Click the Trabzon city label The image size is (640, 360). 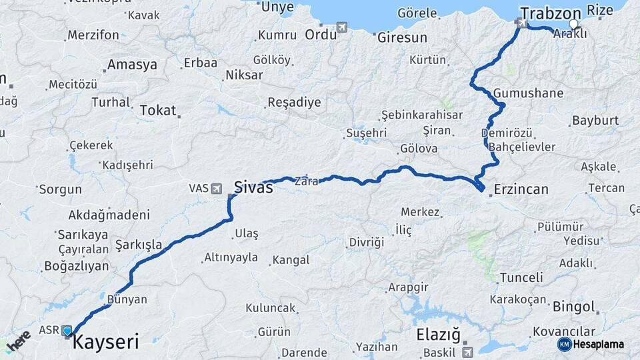[550, 13]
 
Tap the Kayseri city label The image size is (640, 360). [105, 343]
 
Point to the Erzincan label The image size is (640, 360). [521, 190]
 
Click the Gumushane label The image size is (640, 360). [529, 93]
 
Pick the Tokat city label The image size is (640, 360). [157, 111]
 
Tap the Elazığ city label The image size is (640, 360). [438, 335]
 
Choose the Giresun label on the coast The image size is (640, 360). [401, 37]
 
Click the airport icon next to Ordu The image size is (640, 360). [343, 27]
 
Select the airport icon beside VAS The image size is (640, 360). [217, 189]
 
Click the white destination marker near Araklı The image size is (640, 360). [573, 24]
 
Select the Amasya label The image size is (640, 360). [132, 65]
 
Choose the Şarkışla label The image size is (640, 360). [139, 245]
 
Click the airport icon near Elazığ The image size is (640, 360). [467, 351]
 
